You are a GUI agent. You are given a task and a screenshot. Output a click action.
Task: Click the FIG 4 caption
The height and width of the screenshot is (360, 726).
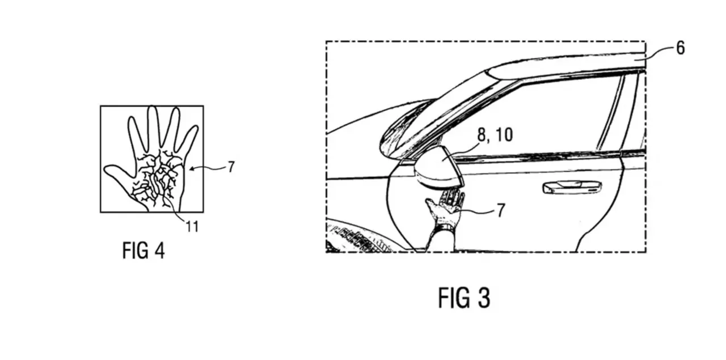coord(143,251)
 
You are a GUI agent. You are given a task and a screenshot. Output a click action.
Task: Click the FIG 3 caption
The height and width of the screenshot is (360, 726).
coord(464,298)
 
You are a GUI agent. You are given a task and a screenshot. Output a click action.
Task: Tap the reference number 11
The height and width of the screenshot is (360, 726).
coord(192,227)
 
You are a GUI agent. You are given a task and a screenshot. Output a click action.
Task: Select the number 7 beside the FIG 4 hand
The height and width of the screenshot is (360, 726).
coord(231,167)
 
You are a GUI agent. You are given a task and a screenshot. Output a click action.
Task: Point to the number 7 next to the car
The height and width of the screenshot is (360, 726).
coord(501,211)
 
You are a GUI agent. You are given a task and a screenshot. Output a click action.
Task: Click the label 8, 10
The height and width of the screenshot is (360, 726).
coord(495,135)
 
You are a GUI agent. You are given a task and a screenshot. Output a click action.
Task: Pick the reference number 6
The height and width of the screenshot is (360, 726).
coord(680,48)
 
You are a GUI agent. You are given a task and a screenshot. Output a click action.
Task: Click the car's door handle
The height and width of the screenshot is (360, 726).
coord(572,187)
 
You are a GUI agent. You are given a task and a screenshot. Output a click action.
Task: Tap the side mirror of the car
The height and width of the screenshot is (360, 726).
coord(440,169)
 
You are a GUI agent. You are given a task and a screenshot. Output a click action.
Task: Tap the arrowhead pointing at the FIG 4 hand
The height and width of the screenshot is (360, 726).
coord(192,168)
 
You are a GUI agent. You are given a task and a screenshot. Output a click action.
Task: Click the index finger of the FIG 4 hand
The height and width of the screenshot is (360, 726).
coord(135,135)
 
